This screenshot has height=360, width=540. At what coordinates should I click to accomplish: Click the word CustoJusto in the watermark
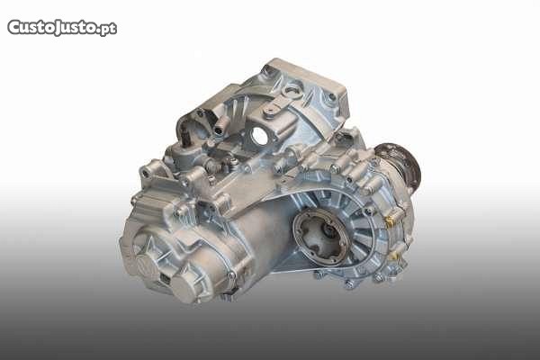tap(51, 27)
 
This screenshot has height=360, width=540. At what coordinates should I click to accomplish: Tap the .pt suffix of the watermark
tap(107, 29)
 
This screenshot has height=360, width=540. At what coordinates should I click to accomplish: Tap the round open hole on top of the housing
tap(260, 137)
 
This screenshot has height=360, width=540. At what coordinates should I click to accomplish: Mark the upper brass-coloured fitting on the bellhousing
tap(391, 220)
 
